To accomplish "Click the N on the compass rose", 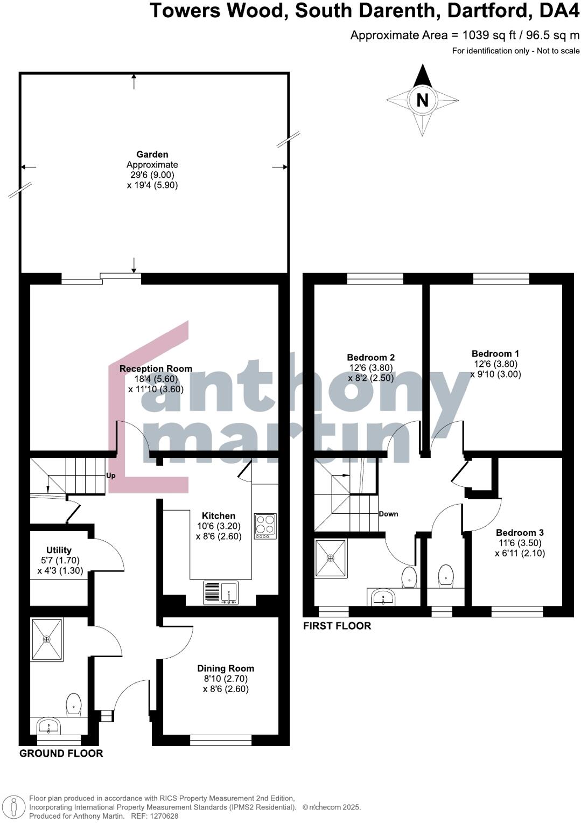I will click(422, 100).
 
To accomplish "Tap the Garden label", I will click(152, 155).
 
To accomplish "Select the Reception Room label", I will click(156, 369).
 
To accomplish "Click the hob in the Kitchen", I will click(265, 526).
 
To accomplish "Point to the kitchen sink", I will click(221, 592).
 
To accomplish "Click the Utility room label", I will click(59, 550).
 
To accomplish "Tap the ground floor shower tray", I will click(47, 639).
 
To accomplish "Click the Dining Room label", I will click(226, 668).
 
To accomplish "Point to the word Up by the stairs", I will click(111, 476).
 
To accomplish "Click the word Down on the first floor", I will click(388, 514).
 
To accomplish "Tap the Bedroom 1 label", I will click(495, 354).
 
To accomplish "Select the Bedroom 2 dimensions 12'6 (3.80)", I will click(371, 368).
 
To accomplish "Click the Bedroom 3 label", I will click(520, 533).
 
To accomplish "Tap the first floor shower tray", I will click(331, 558).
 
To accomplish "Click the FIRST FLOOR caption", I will click(337, 626).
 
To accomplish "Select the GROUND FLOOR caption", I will click(61, 754).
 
